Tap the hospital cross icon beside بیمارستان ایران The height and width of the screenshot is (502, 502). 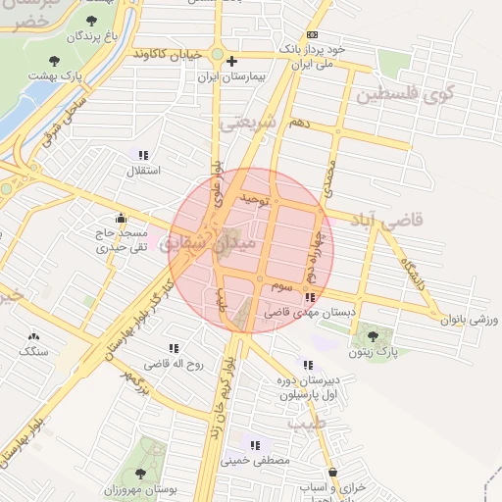pos(231,61)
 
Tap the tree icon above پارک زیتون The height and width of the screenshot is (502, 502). pos(369,333)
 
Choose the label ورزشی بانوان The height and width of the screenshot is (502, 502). pos(471,319)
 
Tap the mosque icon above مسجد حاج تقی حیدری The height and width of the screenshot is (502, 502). pos(121,218)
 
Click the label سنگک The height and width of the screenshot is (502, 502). pos(33,350)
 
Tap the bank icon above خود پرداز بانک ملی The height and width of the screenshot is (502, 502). pos(312,34)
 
